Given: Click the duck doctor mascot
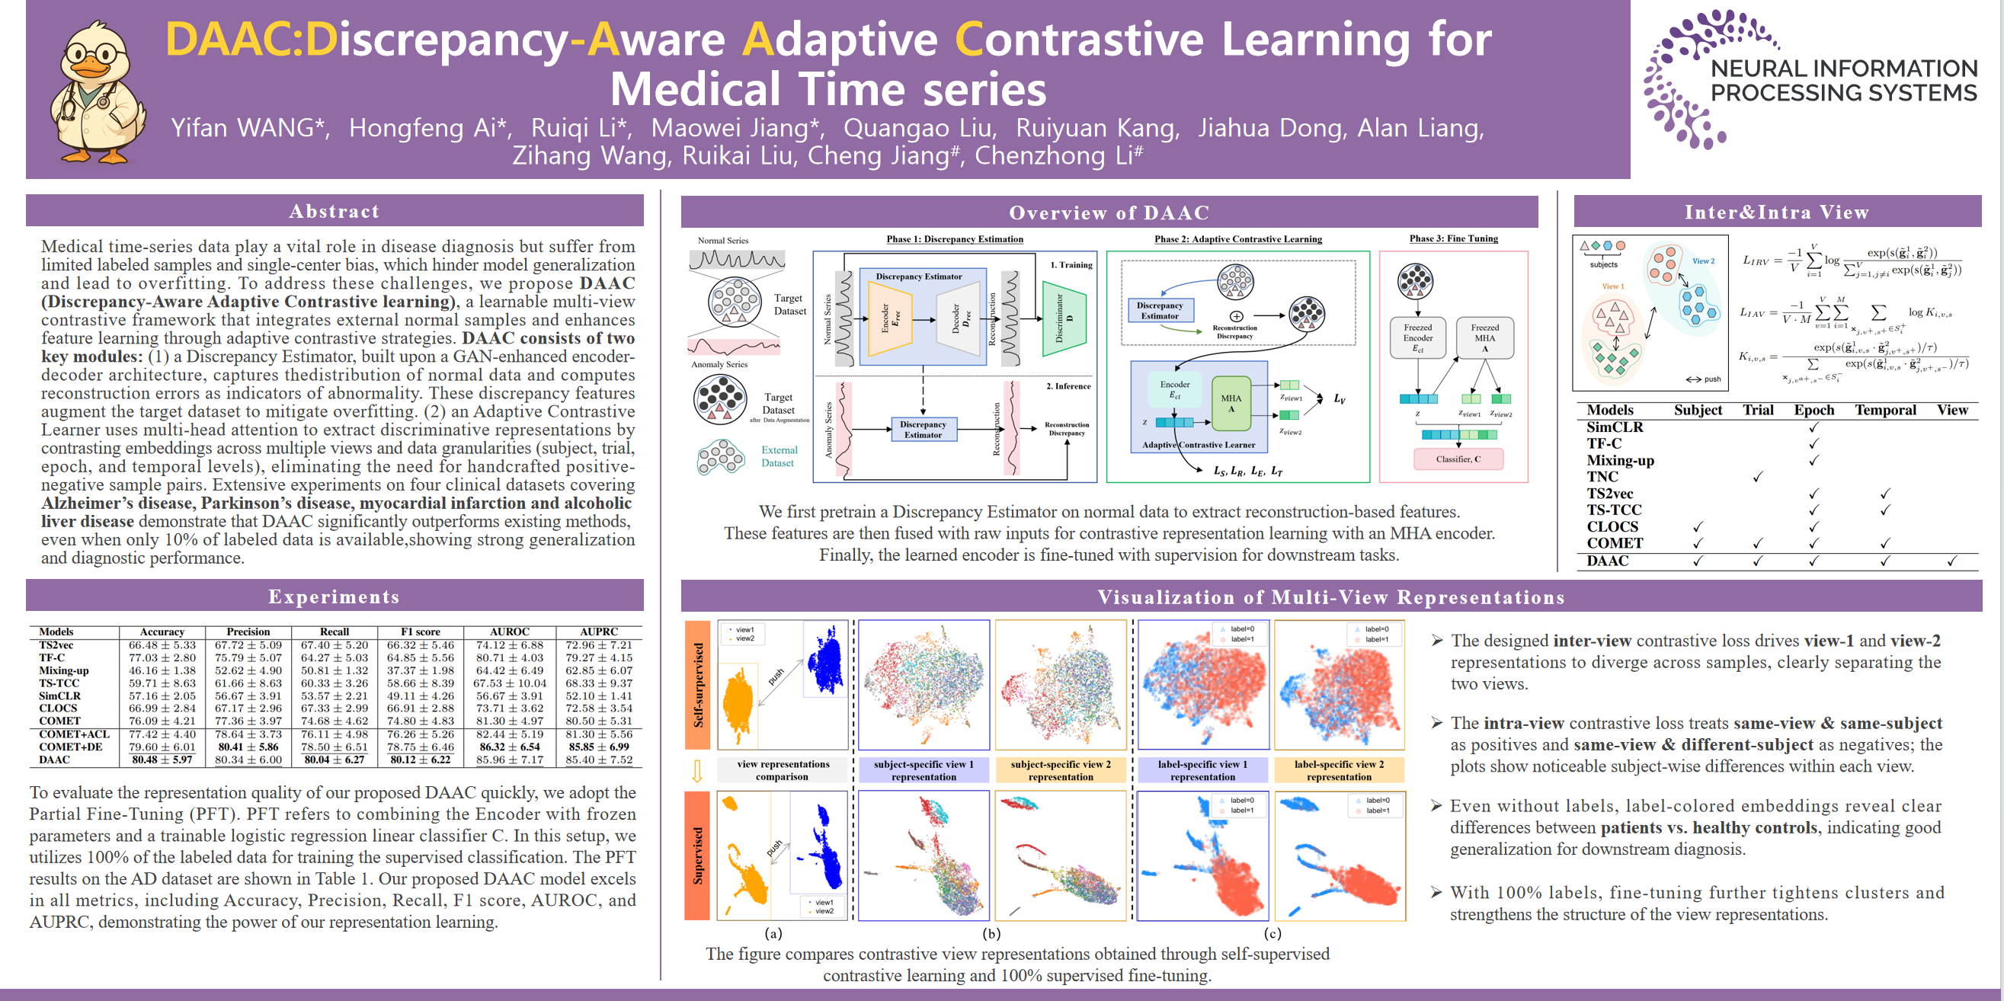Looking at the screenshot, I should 98,91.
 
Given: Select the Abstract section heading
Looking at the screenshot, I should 335,211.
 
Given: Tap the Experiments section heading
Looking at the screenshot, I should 335,596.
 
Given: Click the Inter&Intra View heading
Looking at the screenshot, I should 1777,213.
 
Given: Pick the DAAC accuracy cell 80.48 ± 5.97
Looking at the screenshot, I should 162,760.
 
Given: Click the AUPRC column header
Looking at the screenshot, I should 598,632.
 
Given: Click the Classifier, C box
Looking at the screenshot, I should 1458,459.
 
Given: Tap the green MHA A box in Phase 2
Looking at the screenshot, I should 1231,403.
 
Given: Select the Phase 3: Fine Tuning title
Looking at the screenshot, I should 1453,238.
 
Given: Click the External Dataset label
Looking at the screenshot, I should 779,456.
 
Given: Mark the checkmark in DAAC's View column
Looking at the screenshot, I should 1952,561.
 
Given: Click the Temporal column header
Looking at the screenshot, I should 1885,410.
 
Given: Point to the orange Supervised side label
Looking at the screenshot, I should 698,855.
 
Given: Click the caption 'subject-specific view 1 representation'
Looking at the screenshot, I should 924,770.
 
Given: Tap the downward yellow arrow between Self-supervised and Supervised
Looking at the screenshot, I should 697,771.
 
